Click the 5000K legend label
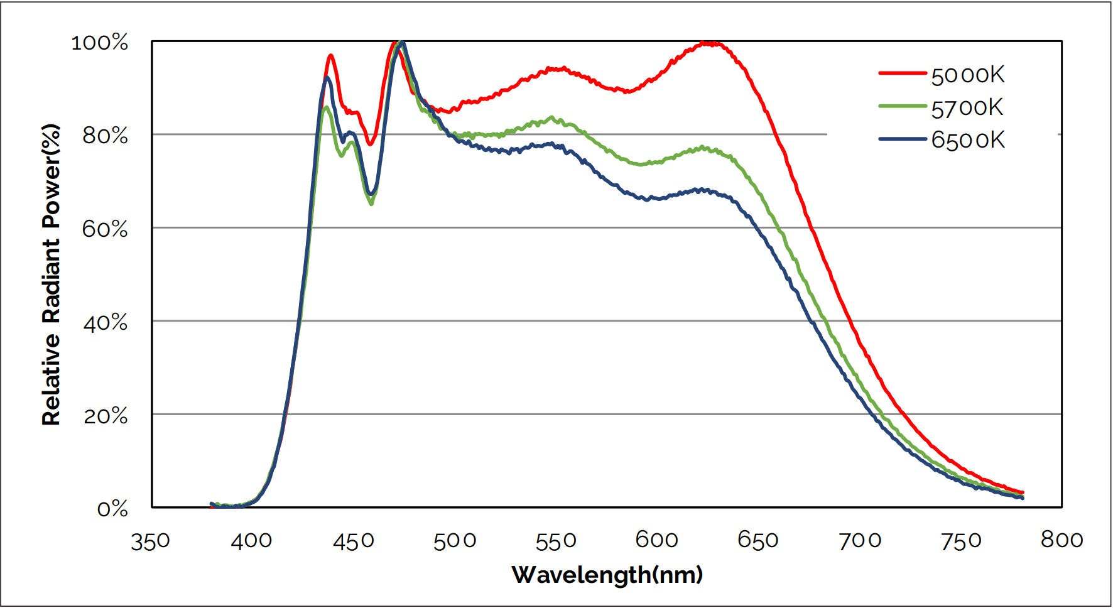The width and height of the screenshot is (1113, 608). pos(968,75)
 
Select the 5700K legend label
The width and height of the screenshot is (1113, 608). pos(968,108)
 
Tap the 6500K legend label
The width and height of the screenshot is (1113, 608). pos(968,140)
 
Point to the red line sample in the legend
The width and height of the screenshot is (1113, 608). pos(903,73)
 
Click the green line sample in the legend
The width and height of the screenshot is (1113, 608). pos(903,106)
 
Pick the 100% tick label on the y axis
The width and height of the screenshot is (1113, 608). pos(100,43)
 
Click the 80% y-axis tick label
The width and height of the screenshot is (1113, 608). pos(105,136)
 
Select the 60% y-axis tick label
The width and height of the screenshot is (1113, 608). pos(105,229)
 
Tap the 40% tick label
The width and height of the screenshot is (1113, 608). pos(105,323)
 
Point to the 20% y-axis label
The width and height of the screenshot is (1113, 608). pos(105,416)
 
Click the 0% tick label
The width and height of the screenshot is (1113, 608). pos(112,509)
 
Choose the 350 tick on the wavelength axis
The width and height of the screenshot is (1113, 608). pos(150,541)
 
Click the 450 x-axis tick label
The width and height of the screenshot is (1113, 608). pos(354,541)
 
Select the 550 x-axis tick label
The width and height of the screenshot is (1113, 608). pos(556,541)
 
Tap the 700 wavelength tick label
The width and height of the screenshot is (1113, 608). pos(860,541)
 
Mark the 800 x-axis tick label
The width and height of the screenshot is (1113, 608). pos(1062,540)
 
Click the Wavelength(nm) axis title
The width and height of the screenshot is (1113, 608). pos(607,574)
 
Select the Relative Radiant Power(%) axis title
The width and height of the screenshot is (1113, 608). pos(52,274)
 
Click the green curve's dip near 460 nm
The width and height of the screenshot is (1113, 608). pos(371,203)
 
